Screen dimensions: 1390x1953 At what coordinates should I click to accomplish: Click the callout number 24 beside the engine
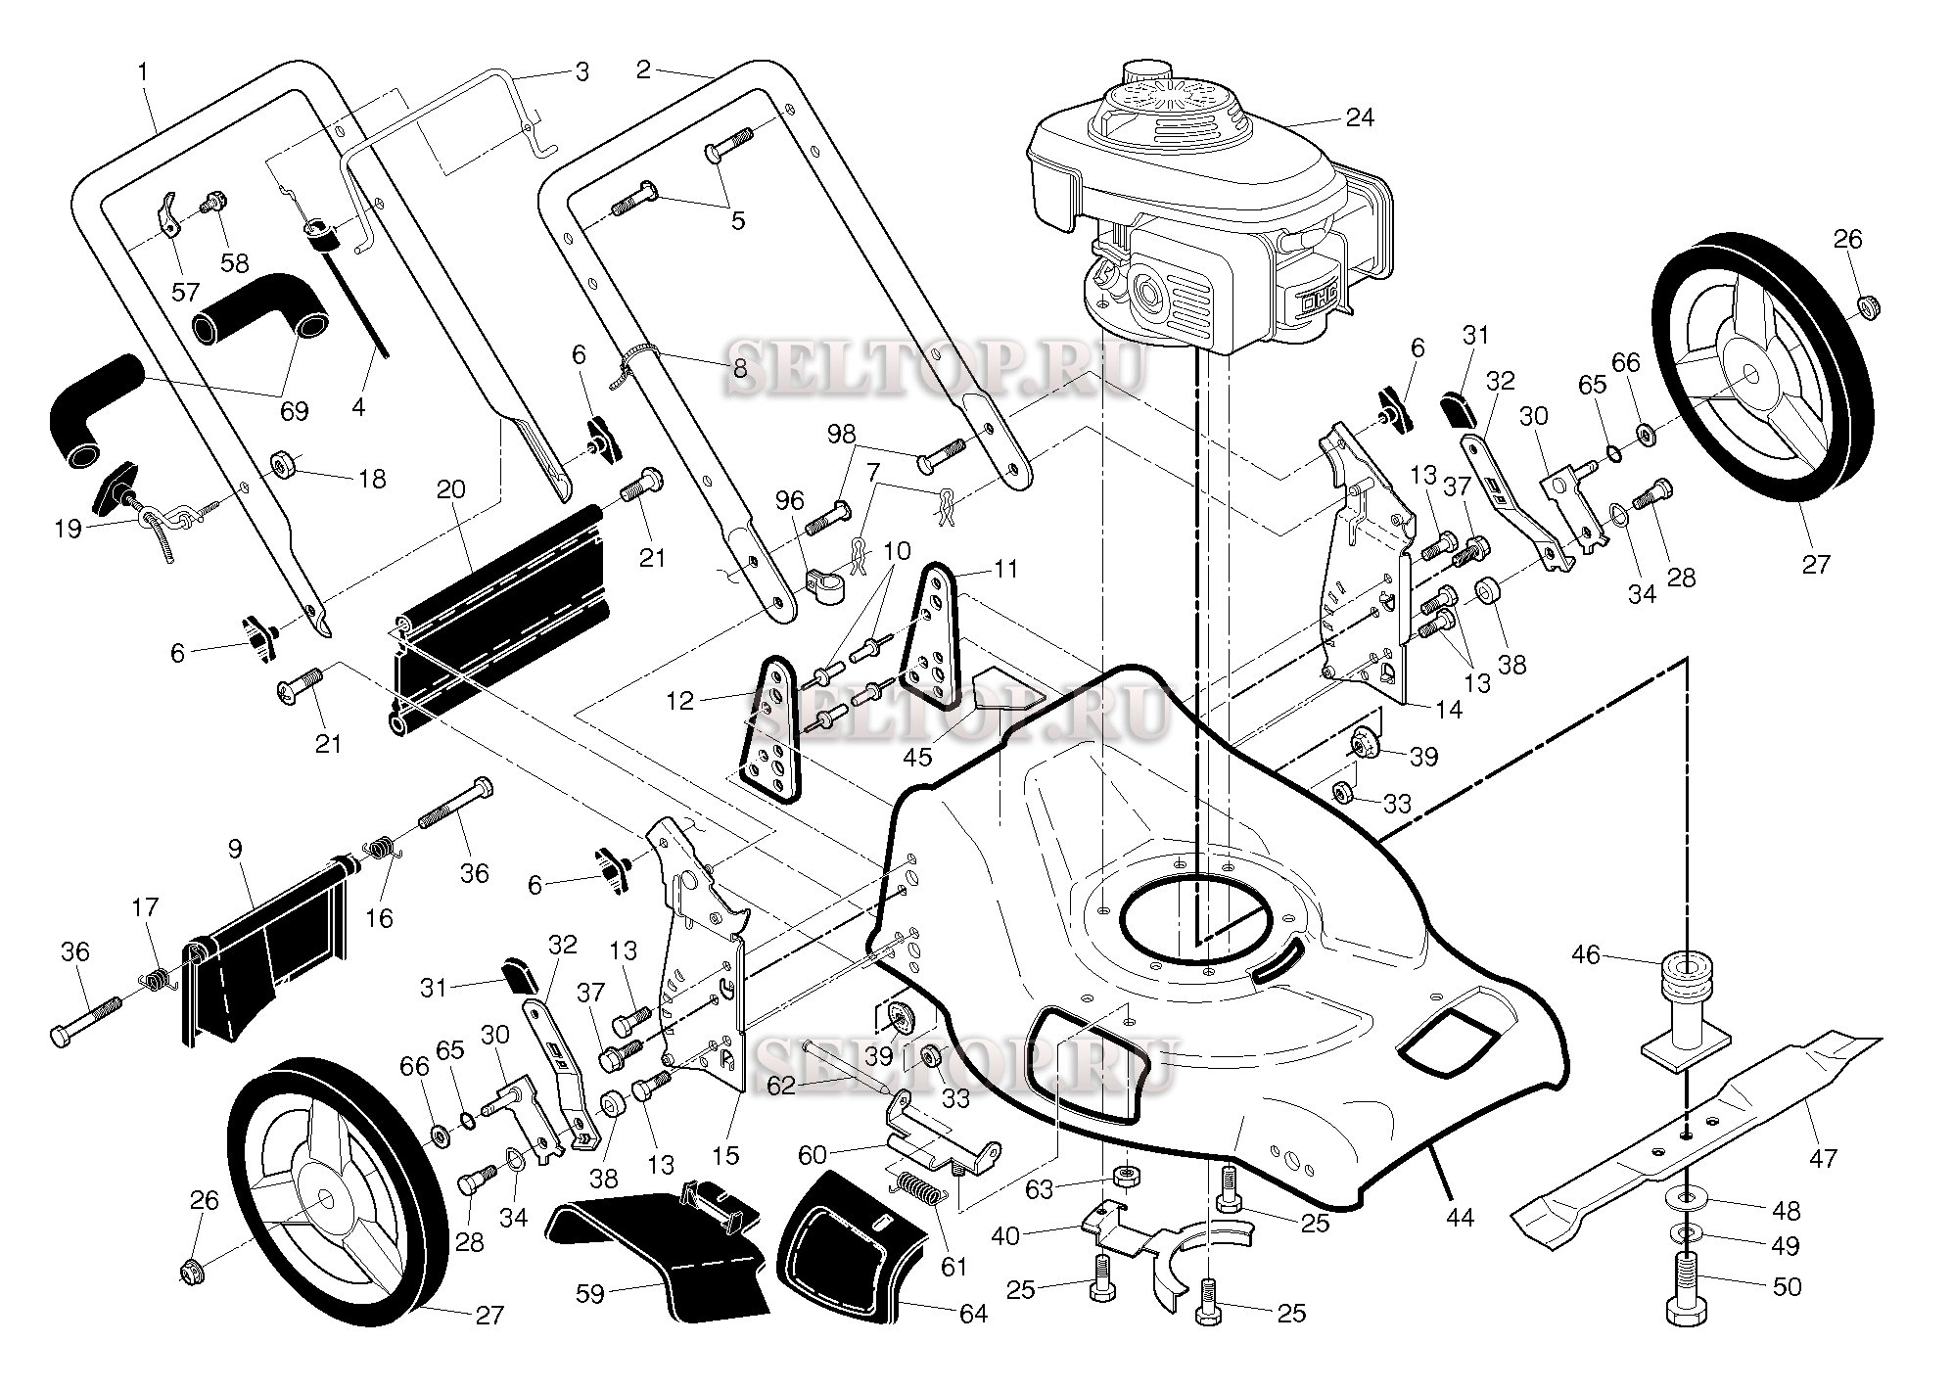1359,118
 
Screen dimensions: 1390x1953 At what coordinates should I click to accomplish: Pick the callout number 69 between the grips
294,410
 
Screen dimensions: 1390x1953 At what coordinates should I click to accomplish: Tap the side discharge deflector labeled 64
852,1243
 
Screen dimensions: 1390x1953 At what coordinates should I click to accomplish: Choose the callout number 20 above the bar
450,488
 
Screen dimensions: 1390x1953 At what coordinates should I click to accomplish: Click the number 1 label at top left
144,71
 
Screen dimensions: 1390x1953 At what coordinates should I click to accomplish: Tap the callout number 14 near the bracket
1448,709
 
